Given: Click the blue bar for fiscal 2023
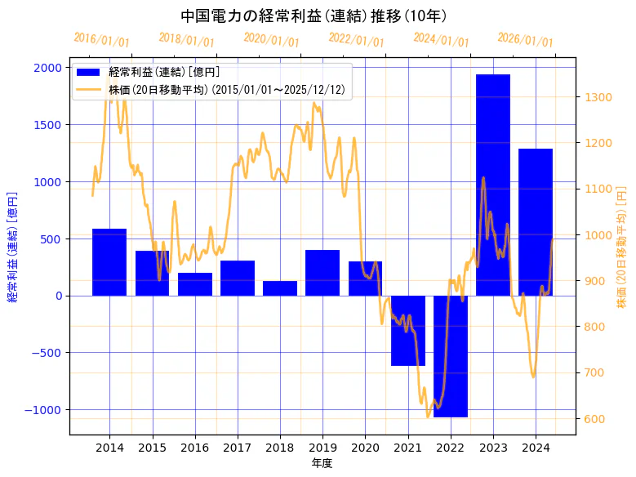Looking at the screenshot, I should [x=493, y=185].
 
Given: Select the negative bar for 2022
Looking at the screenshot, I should [x=451, y=356].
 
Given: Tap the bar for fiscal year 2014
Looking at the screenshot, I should [x=109, y=262].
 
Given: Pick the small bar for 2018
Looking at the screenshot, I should [x=280, y=288].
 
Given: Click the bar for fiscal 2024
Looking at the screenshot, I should [x=536, y=222].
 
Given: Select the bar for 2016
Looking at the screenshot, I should [x=194, y=284].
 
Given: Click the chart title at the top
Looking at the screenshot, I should [x=314, y=16].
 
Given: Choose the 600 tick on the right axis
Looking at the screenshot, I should [x=594, y=419].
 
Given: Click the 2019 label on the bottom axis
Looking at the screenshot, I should [x=322, y=448].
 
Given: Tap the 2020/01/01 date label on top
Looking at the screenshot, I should [x=271, y=40].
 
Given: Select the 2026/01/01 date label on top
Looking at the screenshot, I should [x=525, y=40].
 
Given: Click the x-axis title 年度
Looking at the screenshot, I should [x=322, y=464].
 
